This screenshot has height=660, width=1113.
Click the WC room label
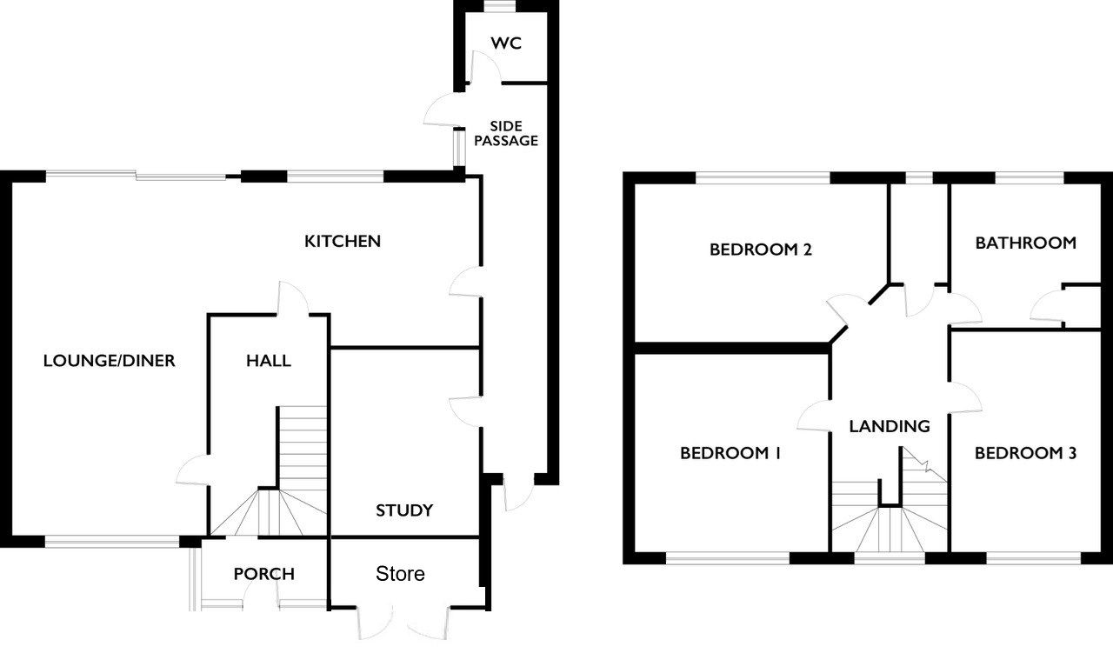tap(506, 43)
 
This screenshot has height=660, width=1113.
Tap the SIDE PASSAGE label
tap(506, 134)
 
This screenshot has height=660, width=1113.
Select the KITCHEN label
tap(343, 242)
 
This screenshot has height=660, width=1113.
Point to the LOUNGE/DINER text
tap(110, 360)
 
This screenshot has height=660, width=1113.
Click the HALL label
tap(269, 361)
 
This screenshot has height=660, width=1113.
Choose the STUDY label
tap(404, 510)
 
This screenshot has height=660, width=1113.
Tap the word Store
tap(400, 574)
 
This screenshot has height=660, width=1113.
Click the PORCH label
tap(263, 574)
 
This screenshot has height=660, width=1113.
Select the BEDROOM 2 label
tap(760, 250)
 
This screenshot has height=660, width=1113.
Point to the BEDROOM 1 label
tap(730, 453)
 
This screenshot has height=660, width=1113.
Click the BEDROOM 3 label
tap(1025, 453)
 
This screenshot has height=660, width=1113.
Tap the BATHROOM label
tap(1025, 243)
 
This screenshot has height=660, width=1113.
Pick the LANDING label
tap(890, 426)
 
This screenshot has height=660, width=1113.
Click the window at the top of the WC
tap(500, 5)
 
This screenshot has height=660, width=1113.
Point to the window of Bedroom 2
tap(763, 178)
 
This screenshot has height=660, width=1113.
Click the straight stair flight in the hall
tap(302, 448)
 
